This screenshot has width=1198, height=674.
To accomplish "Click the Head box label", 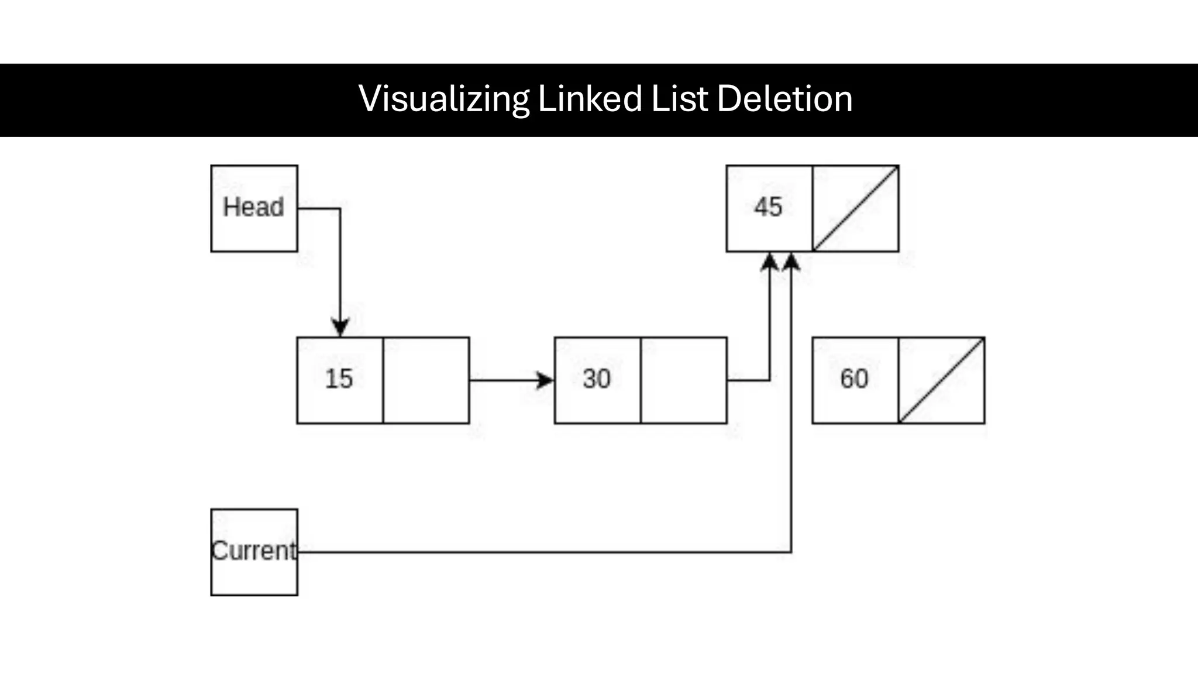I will [x=253, y=207].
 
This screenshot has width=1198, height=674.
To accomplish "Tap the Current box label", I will [x=254, y=551].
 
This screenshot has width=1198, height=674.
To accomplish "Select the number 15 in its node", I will [x=339, y=379].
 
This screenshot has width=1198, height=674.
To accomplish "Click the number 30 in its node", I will [x=596, y=379].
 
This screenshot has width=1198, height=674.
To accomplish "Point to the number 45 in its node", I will [x=767, y=207].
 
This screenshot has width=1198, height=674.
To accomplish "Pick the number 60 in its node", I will [x=854, y=379].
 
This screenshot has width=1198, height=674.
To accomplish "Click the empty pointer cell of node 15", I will [x=426, y=380].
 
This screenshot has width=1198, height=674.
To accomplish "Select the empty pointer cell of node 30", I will [x=683, y=380].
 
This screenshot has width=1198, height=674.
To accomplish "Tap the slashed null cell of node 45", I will [x=855, y=208].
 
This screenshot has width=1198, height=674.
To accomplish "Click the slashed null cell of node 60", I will [x=941, y=380].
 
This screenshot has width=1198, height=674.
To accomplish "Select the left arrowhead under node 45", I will [x=770, y=262].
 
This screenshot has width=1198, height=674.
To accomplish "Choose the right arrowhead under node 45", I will [x=791, y=262].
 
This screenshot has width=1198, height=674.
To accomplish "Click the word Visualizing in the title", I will [x=444, y=98].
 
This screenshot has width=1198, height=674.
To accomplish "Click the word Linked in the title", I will [x=589, y=98].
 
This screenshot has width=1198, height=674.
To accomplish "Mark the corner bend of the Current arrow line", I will [x=791, y=552].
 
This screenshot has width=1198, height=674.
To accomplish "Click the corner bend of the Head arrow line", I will [x=340, y=208].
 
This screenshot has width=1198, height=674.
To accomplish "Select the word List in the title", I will [x=679, y=98].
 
